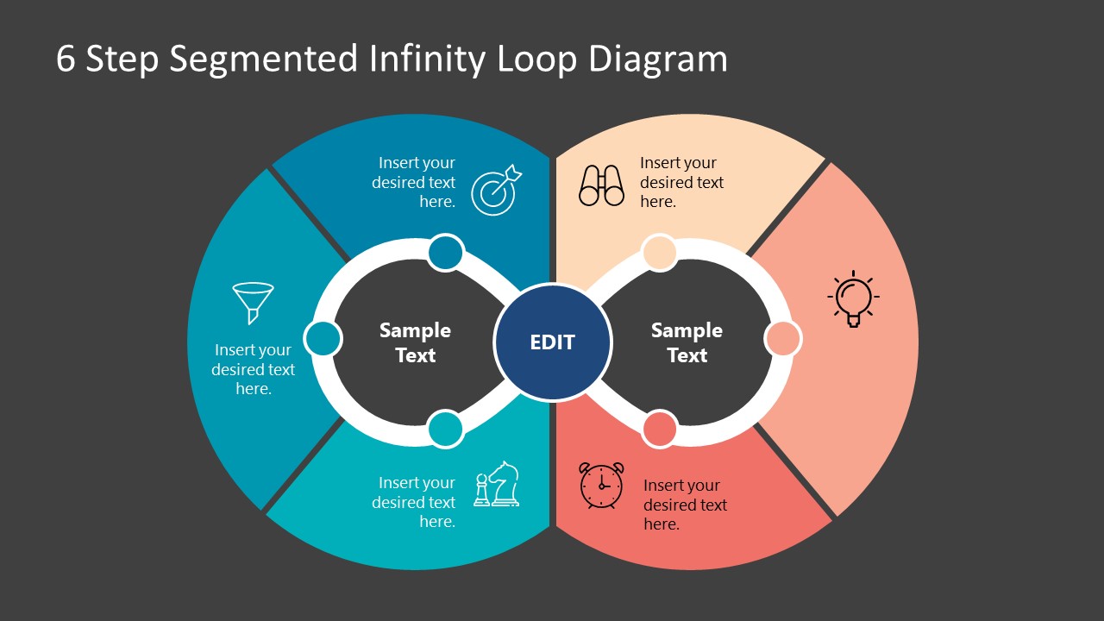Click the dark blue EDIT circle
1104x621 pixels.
click(x=552, y=342)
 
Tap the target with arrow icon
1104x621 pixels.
click(x=496, y=190)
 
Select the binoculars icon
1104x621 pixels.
click(x=601, y=185)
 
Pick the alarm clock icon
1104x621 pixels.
click(x=601, y=486)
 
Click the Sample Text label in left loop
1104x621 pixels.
click(x=415, y=342)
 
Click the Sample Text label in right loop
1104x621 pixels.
click(x=687, y=342)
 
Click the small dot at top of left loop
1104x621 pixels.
click(x=446, y=253)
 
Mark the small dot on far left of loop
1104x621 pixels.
click(x=323, y=339)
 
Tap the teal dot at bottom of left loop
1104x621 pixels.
click(x=445, y=429)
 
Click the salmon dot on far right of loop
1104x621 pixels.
click(x=783, y=339)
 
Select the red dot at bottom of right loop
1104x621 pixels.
click(x=660, y=429)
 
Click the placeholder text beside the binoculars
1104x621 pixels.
click(x=681, y=182)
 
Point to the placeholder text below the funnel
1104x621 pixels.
click(x=254, y=369)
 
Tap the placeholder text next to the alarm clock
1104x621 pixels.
click(x=685, y=505)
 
